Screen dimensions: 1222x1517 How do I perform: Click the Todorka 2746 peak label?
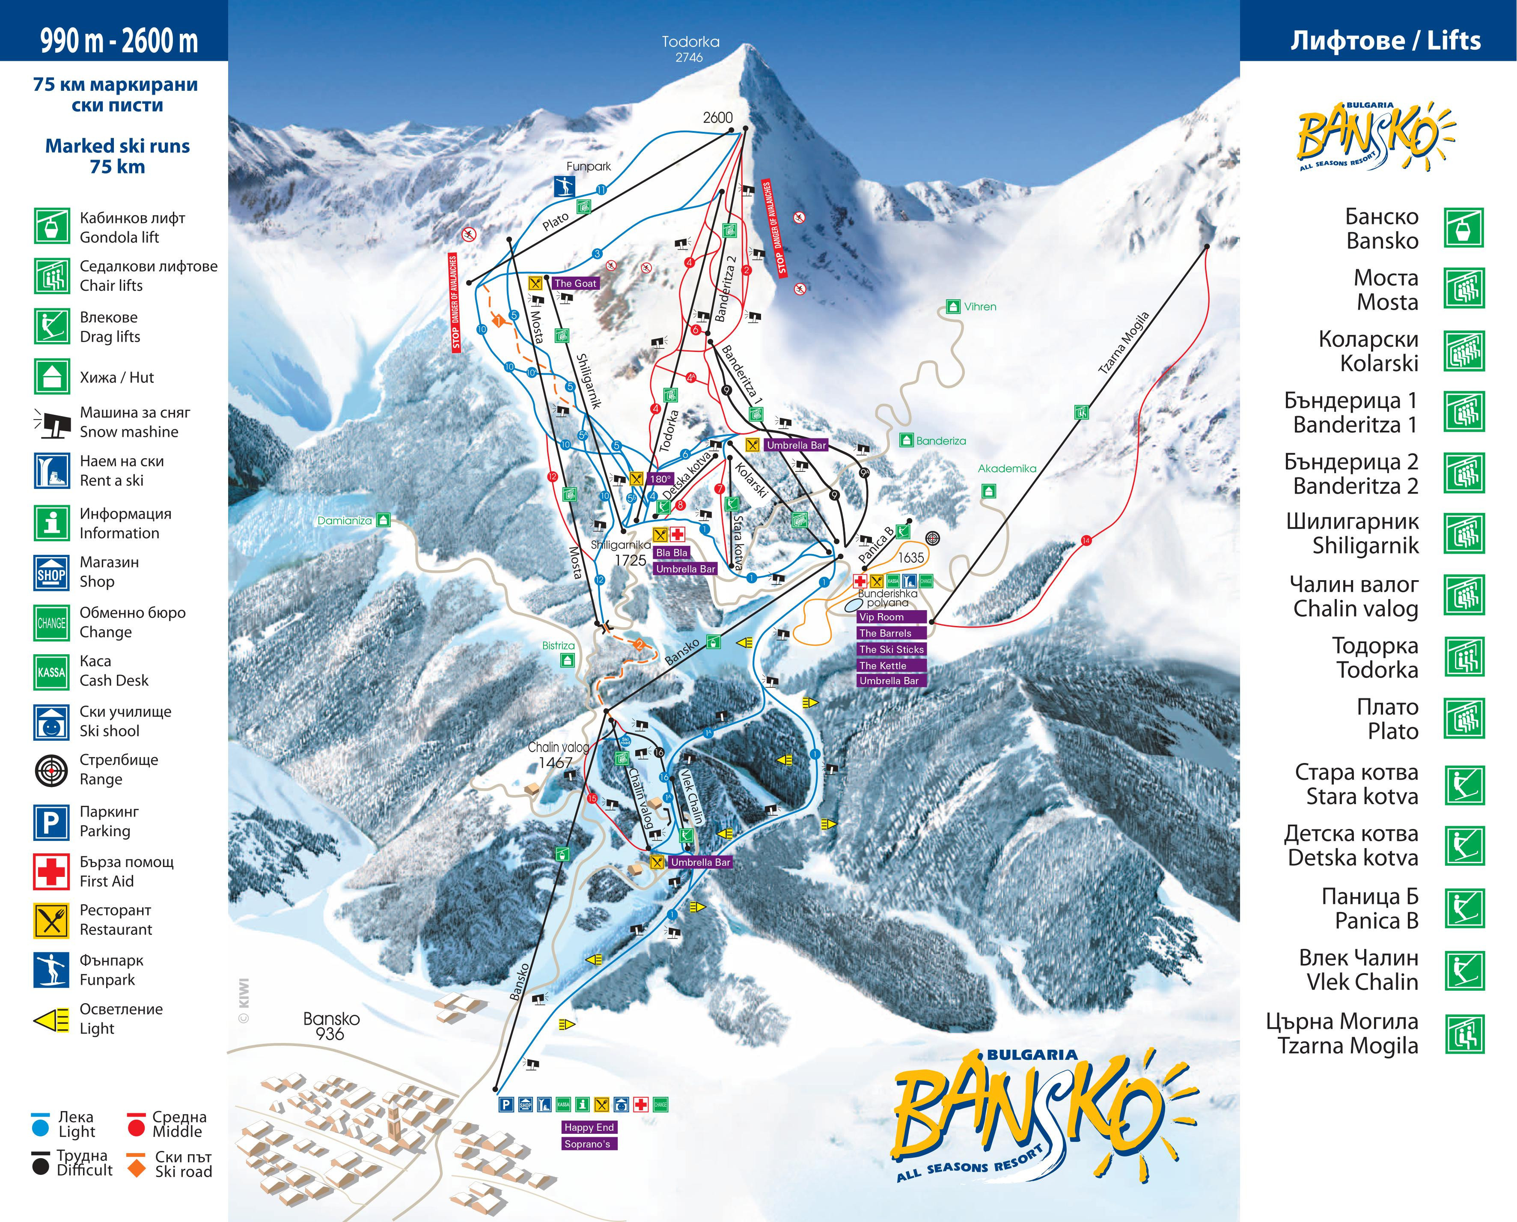[x=690, y=48]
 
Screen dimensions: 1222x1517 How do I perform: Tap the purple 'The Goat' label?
[x=575, y=283]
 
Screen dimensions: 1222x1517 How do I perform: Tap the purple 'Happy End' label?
[x=589, y=1127]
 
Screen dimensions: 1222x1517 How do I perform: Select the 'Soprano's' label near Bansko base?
[x=587, y=1144]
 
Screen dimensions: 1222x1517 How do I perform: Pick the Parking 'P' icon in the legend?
[x=51, y=822]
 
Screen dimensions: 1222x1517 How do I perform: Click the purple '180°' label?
[x=660, y=479]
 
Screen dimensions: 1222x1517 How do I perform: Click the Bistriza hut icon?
[x=567, y=660]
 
